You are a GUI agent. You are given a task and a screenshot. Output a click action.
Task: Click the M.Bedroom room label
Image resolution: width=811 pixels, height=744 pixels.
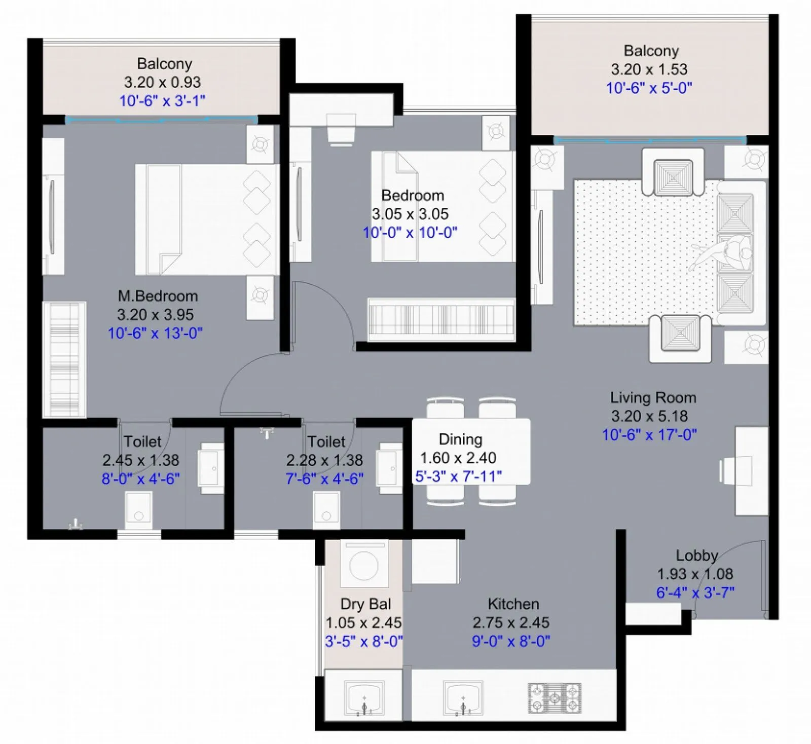(158, 296)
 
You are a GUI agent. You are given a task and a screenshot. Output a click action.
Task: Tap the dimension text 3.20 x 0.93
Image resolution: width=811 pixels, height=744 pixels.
(162, 82)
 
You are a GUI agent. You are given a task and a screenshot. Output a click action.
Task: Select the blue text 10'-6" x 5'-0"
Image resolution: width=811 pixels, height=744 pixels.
(649, 88)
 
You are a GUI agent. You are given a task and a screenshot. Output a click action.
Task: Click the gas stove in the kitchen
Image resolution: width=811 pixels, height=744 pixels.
(555, 698)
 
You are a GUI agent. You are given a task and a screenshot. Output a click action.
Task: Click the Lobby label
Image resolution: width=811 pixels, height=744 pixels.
(696, 555)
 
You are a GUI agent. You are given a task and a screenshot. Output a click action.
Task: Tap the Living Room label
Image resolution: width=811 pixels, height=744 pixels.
(653, 398)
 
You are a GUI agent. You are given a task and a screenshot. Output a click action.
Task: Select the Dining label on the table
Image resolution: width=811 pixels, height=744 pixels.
(460, 439)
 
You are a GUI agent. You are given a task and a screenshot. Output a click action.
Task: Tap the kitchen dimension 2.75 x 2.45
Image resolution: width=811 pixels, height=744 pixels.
(511, 622)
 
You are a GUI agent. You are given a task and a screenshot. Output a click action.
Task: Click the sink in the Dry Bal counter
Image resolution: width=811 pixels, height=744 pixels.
(364, 698)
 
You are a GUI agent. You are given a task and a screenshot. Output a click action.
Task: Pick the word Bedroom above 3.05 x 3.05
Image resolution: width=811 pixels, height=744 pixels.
(413, 196)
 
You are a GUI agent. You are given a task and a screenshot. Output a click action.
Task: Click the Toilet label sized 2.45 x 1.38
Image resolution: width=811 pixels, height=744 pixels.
(142, 441)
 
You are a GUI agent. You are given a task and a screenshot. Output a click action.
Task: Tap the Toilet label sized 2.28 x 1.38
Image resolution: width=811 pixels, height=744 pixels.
(326, 441)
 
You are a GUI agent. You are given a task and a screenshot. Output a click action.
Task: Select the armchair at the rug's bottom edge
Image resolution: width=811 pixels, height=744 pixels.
(680, 336)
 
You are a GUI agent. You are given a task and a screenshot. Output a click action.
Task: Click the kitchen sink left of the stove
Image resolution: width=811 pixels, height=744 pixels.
(463, 698)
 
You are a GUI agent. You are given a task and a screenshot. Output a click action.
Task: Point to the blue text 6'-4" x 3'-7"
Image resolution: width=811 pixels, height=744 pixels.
(695, 592)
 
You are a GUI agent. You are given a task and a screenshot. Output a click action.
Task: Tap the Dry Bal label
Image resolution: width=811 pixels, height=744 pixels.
(365, 604)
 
